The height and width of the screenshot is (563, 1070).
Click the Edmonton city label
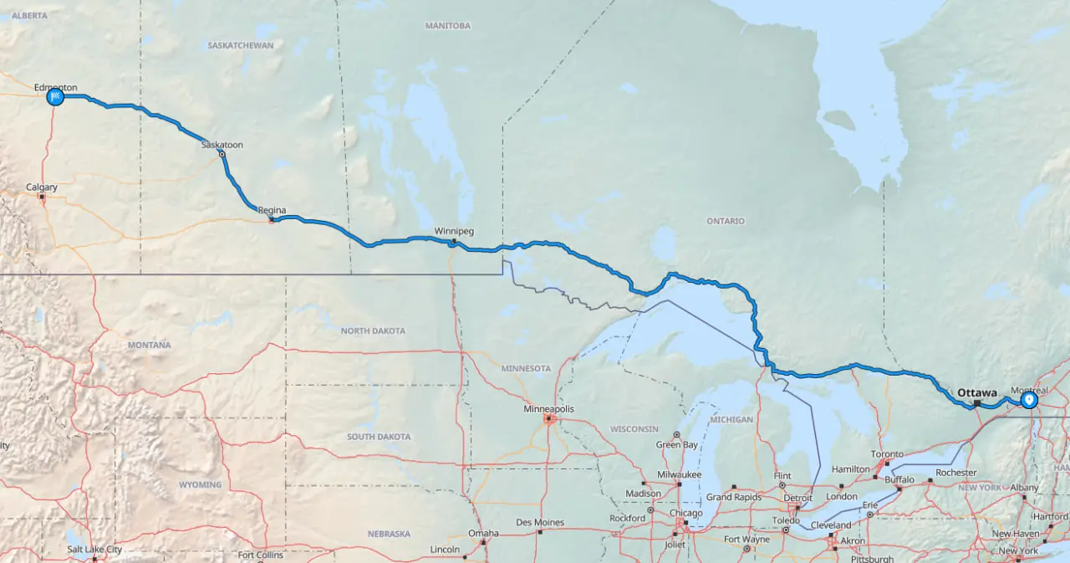56,87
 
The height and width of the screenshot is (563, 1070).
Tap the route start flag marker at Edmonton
55,97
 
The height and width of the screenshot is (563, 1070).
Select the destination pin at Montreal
1029,400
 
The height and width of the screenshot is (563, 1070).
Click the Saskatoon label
222,145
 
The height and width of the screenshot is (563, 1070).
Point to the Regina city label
272,210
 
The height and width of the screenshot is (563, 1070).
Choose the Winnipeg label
454,231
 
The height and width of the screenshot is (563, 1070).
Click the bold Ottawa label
977,392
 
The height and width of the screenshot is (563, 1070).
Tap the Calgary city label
42,187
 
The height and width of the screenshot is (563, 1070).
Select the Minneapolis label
549,409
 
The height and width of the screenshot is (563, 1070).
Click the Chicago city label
685,514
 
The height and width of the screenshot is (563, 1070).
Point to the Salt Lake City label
94,550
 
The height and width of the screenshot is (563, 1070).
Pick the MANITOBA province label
447,26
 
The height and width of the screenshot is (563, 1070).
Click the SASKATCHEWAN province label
241,45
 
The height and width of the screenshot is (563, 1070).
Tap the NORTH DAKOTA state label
373,331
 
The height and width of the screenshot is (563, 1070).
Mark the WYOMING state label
200,484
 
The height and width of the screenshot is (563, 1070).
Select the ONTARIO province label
725,222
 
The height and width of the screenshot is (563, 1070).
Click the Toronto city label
887,453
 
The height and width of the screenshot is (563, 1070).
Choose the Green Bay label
677,445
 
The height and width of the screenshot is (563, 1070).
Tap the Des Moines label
540,523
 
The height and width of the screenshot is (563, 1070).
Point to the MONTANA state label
150,345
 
